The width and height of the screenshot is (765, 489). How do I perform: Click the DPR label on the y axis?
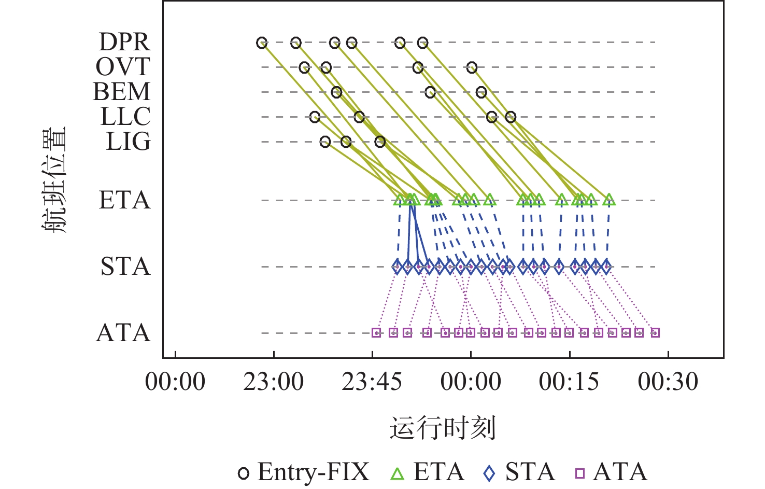124,42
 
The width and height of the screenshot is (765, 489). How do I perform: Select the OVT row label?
123,67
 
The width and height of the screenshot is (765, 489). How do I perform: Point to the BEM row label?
122,92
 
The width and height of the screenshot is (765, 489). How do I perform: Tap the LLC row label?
125,117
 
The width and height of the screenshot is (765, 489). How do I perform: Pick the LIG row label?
128,142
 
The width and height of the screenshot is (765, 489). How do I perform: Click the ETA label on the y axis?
124,200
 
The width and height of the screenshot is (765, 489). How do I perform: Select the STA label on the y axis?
125,267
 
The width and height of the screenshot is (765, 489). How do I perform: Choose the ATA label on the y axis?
123,333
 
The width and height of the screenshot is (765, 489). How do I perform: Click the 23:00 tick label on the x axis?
274,382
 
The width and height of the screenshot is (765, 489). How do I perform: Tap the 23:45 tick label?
372,382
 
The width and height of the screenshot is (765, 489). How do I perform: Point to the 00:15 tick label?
569,382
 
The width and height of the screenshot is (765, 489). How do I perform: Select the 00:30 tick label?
668,382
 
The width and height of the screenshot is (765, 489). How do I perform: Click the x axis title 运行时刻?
443,429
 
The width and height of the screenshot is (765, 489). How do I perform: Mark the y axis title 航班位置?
54,179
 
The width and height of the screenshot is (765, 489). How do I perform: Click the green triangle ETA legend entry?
427,472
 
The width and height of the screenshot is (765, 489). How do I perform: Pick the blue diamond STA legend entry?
519,472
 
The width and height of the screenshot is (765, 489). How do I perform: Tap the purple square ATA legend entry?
611,472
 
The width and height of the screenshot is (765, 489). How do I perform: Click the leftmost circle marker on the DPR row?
262,43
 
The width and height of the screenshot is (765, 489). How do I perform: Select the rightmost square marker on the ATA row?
655,333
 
